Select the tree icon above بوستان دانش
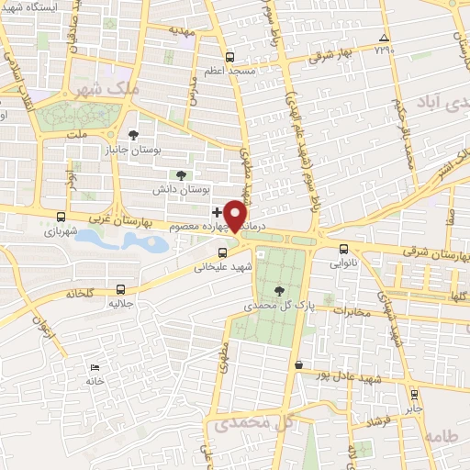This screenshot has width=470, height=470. (x=180, y=173)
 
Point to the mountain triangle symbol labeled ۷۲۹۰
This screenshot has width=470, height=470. (x=384, y=38)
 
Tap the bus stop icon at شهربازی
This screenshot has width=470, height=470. (x=61, y=218)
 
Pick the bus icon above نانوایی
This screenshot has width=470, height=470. (x=344, y=248)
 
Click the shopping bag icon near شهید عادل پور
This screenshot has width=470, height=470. (x=298, y=364)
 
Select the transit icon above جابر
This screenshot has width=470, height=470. (x=410, y=396)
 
